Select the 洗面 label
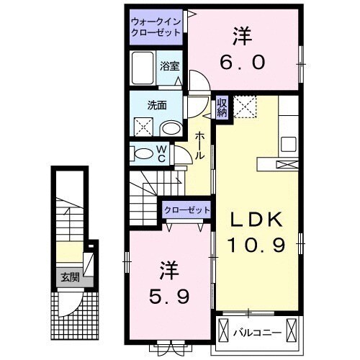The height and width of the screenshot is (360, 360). click(x=157, y=104)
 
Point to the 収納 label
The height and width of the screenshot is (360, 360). click(x=223, y=107)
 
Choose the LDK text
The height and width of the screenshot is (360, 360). click(x=256, y=219)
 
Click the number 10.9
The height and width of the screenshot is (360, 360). click(x=256, y=245)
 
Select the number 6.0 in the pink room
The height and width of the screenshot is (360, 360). click(x=243, y=61)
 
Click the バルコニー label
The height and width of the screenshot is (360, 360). click(x=257, y=333)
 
